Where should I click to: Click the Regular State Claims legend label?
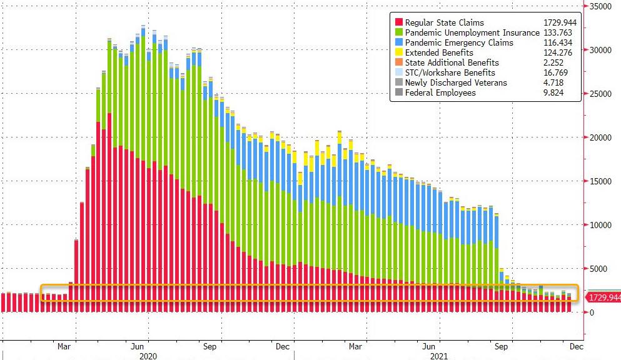444,23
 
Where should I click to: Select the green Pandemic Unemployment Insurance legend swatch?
397,32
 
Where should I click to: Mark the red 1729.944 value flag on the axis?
603,297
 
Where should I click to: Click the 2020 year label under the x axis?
148,355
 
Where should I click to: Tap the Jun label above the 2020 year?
138,345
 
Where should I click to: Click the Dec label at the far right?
576,345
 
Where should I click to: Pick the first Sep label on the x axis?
210,345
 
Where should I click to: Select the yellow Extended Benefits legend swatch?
397,52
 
